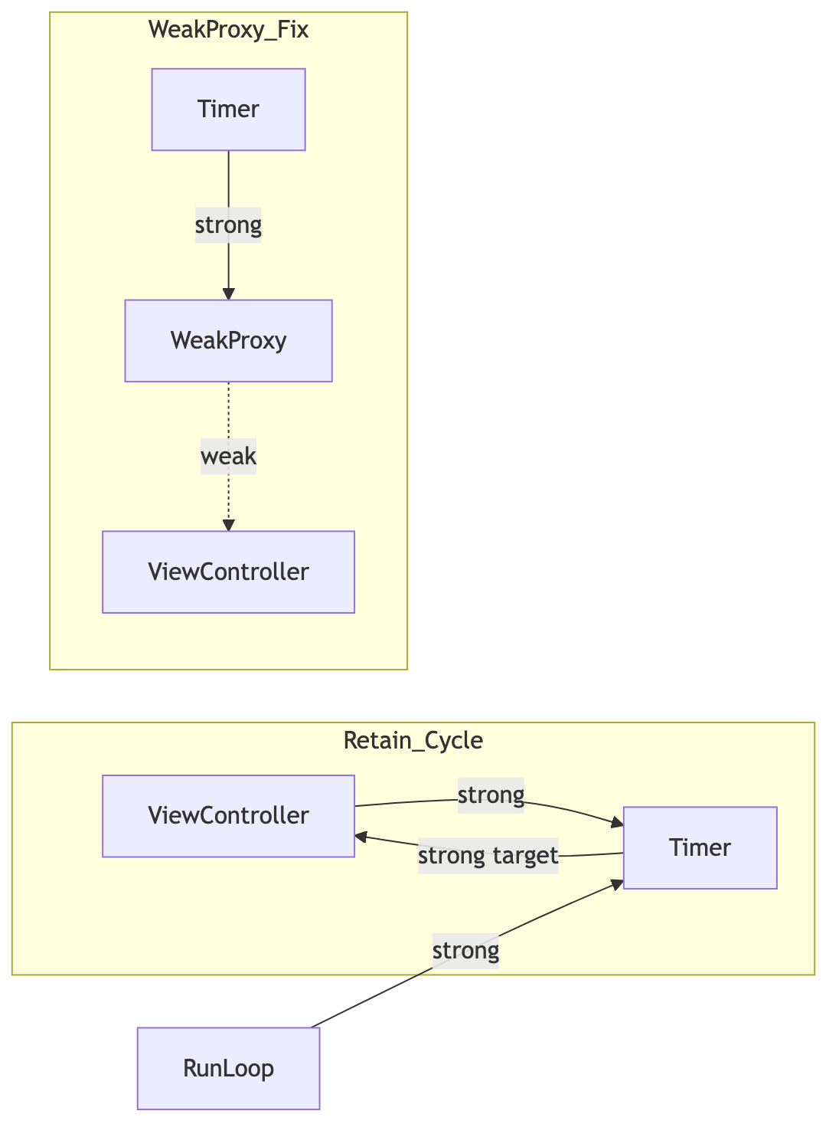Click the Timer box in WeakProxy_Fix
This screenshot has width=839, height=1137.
point(228,110)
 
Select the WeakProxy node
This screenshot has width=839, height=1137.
point(228,341)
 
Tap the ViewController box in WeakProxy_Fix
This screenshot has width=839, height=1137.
point(228,572)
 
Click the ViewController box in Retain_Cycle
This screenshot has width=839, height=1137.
point(228,816)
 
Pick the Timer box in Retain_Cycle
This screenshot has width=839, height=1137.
point(700,848)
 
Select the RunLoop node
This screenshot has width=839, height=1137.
point(228,1068)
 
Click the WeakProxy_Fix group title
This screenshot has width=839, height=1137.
point(228,29)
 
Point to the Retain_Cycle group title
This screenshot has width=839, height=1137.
point(413,741)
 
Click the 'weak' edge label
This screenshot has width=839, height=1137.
point(228,456)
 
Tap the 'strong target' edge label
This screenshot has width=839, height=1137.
point(488,856)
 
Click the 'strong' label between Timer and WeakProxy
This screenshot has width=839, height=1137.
point(228,225)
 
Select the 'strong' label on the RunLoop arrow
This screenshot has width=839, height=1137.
point(465,951)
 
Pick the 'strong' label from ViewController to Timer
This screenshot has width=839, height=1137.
point(491,795)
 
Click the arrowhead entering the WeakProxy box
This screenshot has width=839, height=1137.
point(228,294)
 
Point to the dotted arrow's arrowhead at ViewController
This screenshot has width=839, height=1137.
point(228,526)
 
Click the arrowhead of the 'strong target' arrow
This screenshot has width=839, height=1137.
point(361,837)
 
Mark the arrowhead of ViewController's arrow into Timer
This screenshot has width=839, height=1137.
point(618,823)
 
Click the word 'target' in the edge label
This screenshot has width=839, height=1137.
point(526,856)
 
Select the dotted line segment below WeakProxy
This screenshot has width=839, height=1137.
point(228,411)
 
